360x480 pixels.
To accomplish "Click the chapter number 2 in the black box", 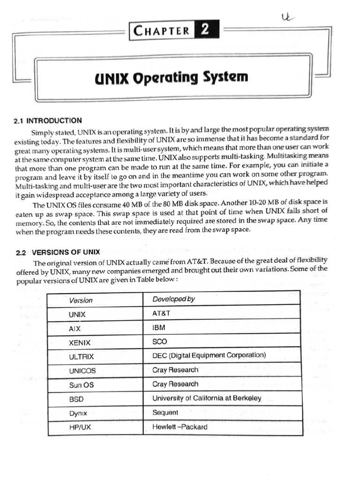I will [x=205, y=31].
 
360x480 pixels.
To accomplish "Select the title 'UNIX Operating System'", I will [x=171, y=77].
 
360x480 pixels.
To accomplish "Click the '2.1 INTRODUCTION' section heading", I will [x=48, y=120].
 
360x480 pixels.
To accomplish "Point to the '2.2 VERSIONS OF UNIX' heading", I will [x=58, y=252].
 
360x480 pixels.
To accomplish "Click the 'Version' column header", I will [x=81, y=300].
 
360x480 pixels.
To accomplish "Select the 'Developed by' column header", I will [x=173, y=299].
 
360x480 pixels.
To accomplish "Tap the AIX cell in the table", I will [x=75, y=329].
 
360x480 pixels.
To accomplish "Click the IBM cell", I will [x=159, y=327].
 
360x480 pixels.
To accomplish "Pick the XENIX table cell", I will [x=80, y=343].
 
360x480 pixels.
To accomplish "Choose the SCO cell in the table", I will [x=160, y=341].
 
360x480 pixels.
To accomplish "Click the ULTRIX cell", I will [x=81, y=357].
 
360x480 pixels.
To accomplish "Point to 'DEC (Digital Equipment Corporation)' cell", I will [x=209, y=355].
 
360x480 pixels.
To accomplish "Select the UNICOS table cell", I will [x=82, y=371].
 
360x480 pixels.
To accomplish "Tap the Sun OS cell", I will [x=81, y=385].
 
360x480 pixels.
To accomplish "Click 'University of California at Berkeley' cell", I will [x=207, y=398].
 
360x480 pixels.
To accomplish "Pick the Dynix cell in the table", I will [x=78, y=413].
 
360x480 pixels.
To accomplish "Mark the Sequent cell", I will [x=165, y=412].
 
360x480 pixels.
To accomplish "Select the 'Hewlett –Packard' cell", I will [x=180, y=427].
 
